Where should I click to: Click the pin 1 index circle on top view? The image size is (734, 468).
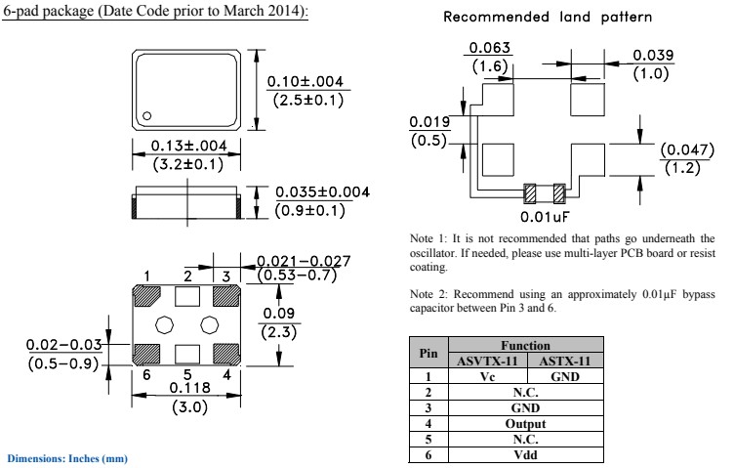(x=146, y=116)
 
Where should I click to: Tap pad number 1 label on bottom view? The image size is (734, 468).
(x=146, y=277)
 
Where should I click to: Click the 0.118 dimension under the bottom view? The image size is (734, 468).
(x=189, y=389)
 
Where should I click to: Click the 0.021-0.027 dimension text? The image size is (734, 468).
(x=304, y=261)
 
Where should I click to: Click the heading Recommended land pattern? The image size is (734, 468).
(x=548, y=18)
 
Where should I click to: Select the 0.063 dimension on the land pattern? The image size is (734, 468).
(x=489, y=49)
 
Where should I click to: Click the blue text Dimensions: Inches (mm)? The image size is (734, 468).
(x=67, y=458)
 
